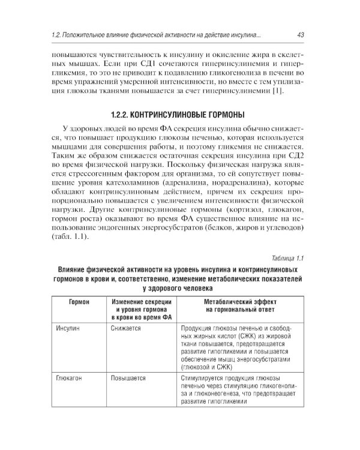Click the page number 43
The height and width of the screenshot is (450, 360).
click(299, 36)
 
